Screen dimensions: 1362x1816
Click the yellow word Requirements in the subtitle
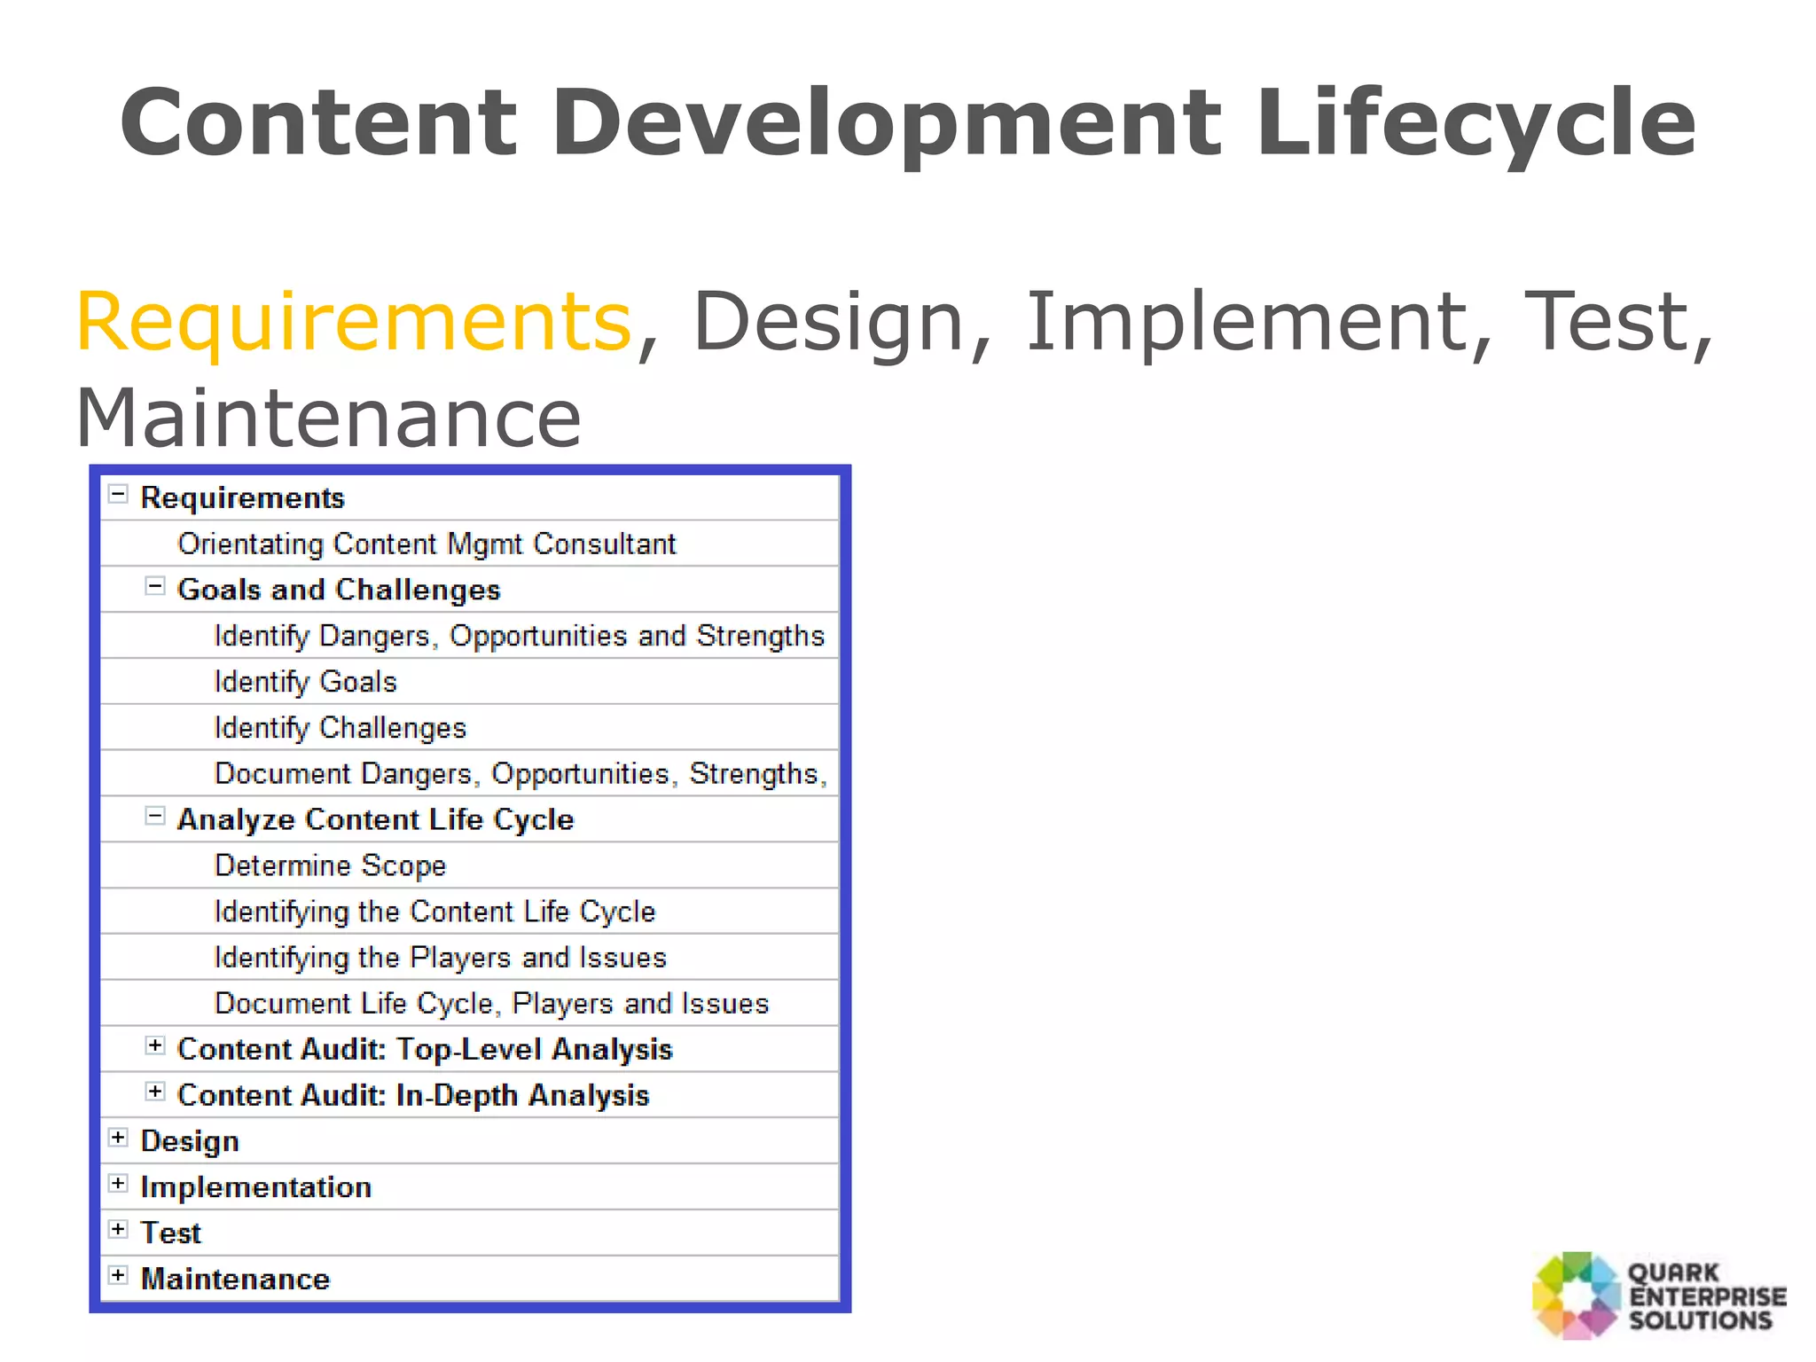(353, 321)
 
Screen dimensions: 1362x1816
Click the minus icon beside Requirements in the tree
(118, 494)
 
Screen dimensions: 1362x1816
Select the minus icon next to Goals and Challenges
(155, 586)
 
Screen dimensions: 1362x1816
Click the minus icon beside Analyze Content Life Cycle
(155, 816)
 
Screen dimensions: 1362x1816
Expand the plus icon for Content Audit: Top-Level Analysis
(155, 1045)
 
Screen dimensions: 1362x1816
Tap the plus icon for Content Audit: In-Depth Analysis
(155, 1092)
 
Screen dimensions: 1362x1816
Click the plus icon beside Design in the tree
(118, 1138)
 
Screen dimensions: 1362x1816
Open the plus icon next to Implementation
(118, 1184)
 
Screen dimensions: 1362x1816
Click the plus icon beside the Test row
(118, 1229)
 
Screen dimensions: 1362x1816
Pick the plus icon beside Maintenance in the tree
(118, 1275)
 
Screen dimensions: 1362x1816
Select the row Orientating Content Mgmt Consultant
(427, 544)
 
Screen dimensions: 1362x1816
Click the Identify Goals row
(306, 682)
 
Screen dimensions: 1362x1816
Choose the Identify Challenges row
(340, 728)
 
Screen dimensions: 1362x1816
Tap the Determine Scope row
(330, 865)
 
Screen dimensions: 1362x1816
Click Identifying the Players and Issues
(440, 958)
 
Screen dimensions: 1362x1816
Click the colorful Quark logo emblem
(1576, 1295)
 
